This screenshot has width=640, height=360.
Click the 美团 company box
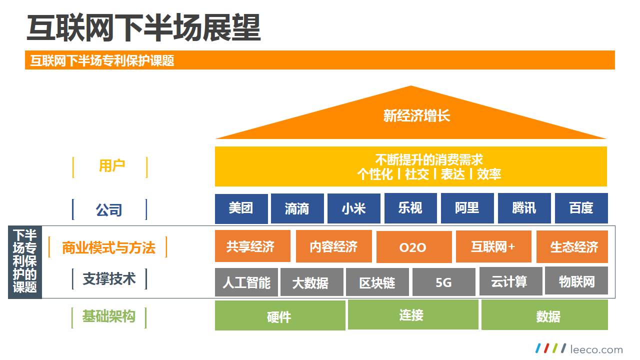(x=241, y=208)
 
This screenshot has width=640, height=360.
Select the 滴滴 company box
(x=297, y=208)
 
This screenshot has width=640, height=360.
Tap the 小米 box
(x=353, y=208)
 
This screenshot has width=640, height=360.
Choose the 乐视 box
(x=410, y=208)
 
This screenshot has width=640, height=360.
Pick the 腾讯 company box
(x=524, y=208)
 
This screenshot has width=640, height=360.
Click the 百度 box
(x=581, y=208)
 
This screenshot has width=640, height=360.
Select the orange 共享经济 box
(x=252, y=246)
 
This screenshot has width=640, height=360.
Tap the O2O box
(x=413, y=247)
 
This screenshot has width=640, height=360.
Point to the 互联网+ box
(x=493, y=246)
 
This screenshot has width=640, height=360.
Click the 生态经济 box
(x=572, y=247)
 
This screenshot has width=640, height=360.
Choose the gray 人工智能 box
(x=246, y=282)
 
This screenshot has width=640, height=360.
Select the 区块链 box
(x=377, y=282)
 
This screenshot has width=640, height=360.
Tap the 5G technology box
(x=443, y=282)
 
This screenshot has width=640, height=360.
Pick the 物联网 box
(x=576, y=281)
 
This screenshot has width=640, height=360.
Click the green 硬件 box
(x=279, y=316)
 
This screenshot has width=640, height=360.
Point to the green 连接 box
(x=412, y=315)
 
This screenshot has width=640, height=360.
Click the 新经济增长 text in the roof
(x=416, y=116)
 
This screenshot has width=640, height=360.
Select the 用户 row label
(x=111, y=166)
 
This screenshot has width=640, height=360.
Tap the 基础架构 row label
(x=108, y=316)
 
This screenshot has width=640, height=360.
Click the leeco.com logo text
(x=596, y=349)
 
